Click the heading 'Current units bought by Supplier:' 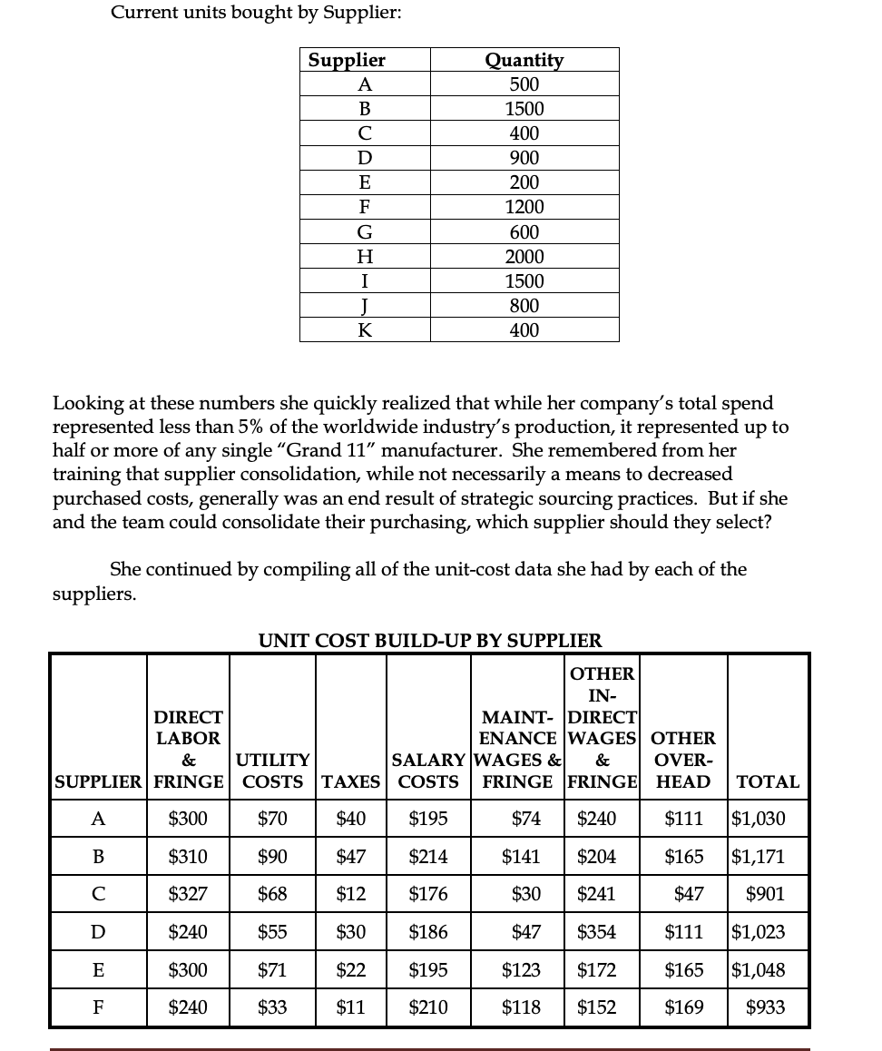click(256, 13)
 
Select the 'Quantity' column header click(524, 60)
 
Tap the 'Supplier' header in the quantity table click(347, 60)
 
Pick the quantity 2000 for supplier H click(524, 257)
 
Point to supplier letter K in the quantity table click(365, 330)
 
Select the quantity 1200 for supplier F click(524, 207)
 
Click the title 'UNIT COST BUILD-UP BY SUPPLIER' click(430, 640)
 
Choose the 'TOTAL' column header click(768, 781)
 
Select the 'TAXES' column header click(351, 781)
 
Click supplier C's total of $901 click(765, 894)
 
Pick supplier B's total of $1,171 click(759, 856)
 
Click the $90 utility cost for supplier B click(272, 856)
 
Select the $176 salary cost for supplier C click(428, 894)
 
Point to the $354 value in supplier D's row click(597, 932)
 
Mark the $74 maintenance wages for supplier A click(526, 819)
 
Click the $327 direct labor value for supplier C click(188, 894)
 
